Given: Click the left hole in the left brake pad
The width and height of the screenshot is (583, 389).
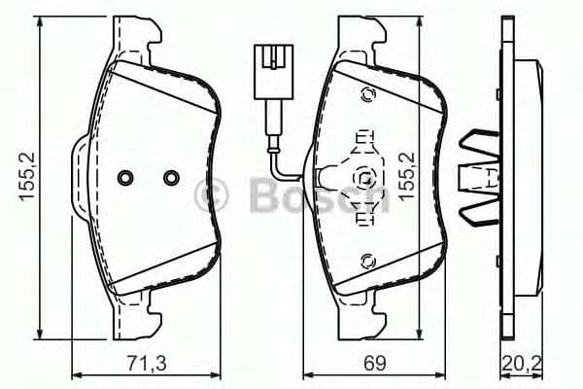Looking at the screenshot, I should pos(124,178).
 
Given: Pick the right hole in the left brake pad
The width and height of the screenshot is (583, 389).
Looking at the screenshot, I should pos(171,178).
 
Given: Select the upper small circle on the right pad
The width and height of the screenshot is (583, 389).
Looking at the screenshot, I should pos(367,94).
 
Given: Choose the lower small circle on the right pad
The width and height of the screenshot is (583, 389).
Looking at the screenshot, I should pos(367,260).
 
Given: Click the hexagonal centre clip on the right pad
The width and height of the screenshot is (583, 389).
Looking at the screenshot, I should pos(363,178).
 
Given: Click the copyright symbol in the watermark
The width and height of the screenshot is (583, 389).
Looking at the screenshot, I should pos(211,194).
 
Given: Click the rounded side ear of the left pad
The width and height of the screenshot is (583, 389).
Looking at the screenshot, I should pos(80,178).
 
